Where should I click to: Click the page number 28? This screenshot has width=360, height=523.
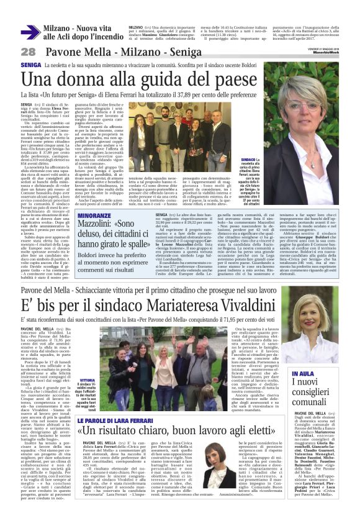click(x=28, y=52)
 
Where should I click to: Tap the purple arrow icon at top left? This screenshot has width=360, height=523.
click(x=30, y=32)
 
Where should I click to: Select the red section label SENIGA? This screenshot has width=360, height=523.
click(x=31, y=65)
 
